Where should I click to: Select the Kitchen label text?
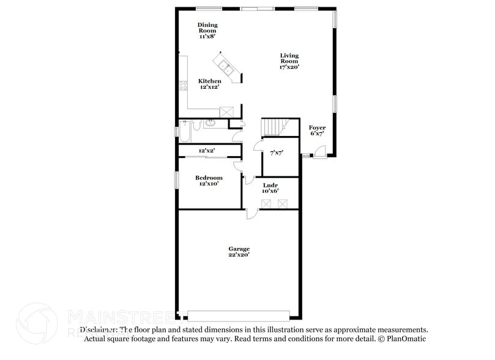point(209,84)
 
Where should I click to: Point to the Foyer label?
point(317,130)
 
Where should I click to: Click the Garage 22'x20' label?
point(239,252)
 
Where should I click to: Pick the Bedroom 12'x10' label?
point(209,181)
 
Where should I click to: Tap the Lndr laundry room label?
point(270,187)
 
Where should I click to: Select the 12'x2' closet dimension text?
point(206,150)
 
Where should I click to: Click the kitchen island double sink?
point(224,66)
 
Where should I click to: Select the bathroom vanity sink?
point(210,123)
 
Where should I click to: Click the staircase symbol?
point(274,127)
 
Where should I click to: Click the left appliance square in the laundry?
point(266,203)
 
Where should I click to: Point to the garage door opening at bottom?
point(238,315)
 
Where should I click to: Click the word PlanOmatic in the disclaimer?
point(405,339)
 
